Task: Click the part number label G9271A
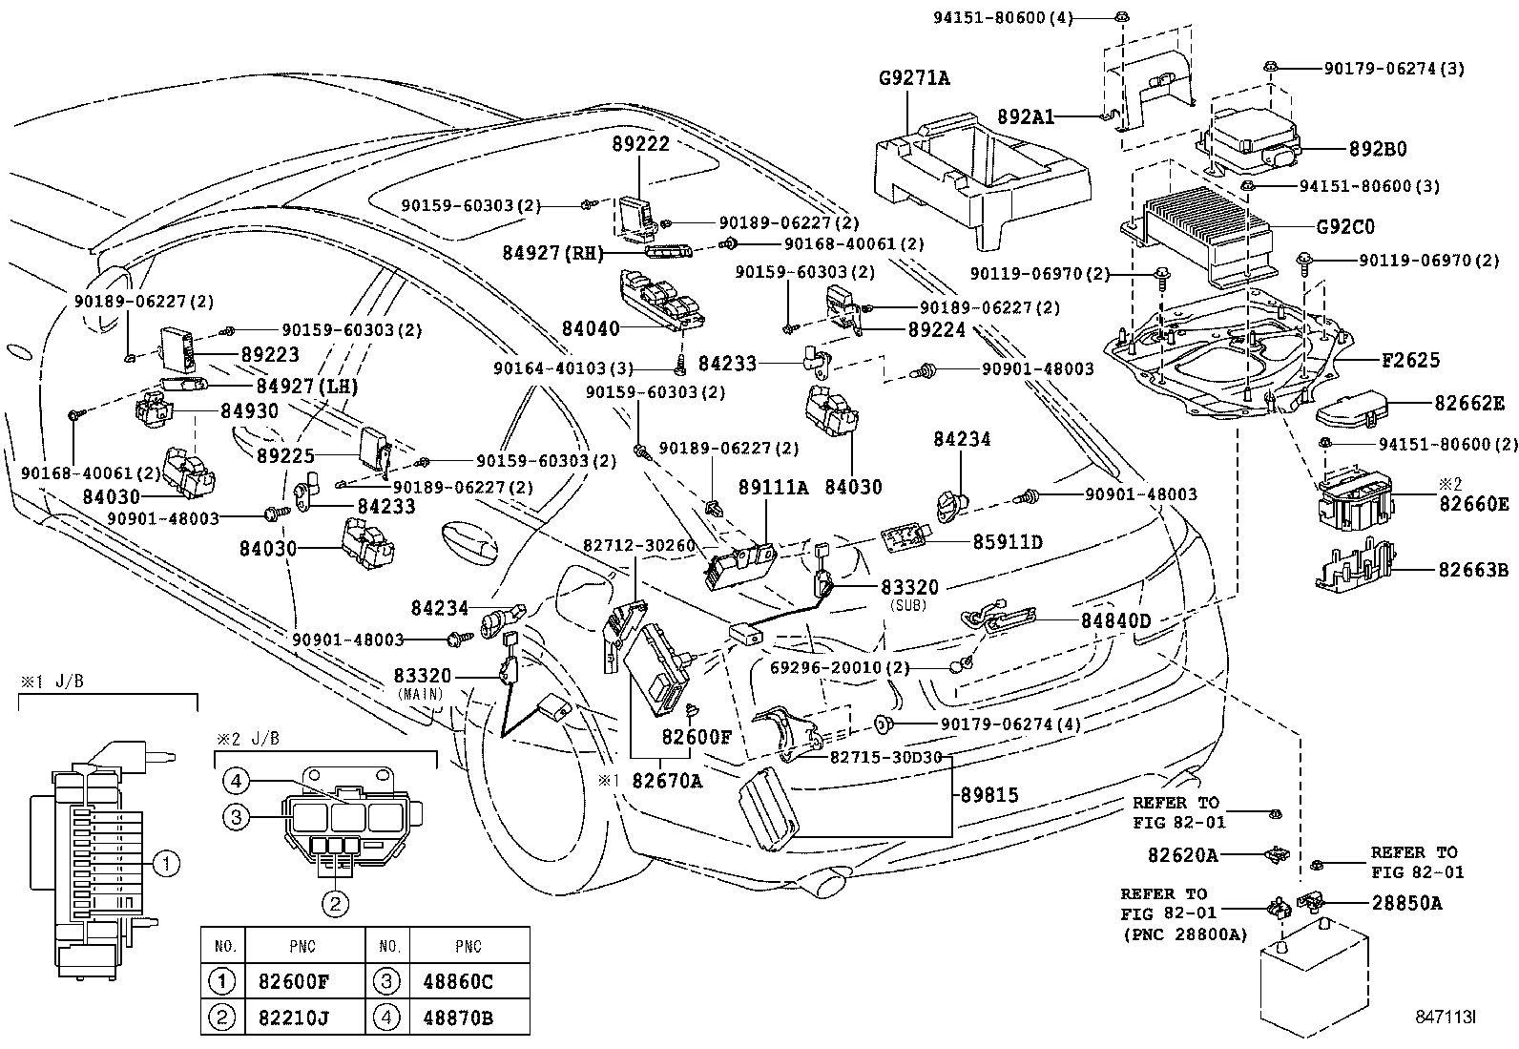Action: [x=914, y=78]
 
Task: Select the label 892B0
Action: [x=1377, y=150]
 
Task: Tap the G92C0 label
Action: [x=1345, y=227]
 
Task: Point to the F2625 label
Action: [x=1410, y=360]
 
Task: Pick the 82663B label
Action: [x=1473, y=570]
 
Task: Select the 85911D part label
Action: [x=1008, y=542]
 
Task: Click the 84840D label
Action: [x=1115, y=620]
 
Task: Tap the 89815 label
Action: [x=989, y=794]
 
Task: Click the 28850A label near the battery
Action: [x=1406, y=902]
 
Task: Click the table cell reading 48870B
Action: [x=457, y=1018]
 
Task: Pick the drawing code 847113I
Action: [x=1445, y=1018]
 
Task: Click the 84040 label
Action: [x=591, y=328]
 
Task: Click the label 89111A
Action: [x=773, y=488]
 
